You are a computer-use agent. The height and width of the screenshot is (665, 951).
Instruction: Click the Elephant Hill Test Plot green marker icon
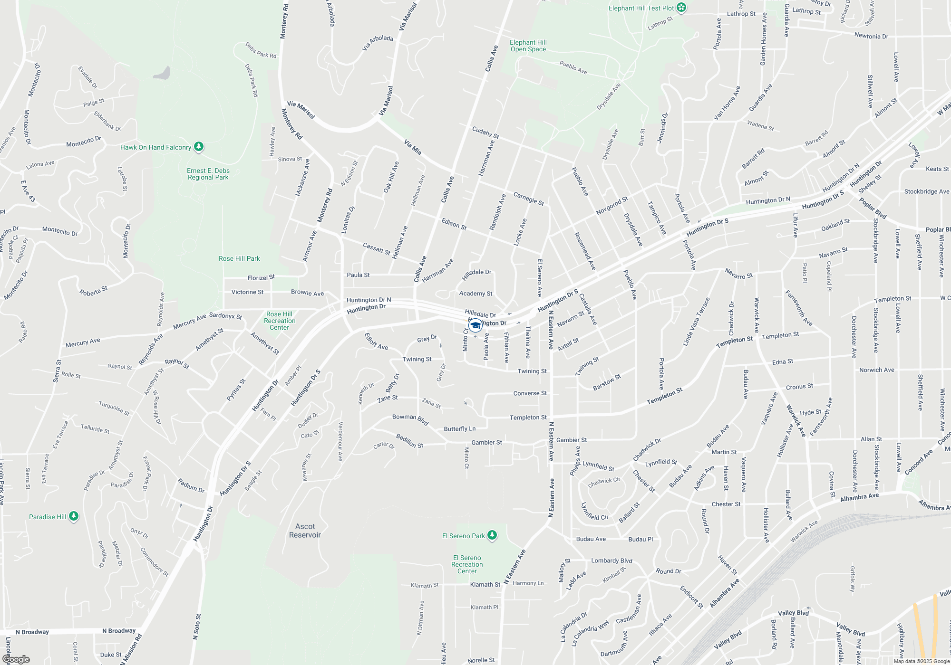(x=681, y=8)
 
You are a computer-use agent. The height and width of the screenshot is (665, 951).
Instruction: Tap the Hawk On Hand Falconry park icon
(x=199, y=147)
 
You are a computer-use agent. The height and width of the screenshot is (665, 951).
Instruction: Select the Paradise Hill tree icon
(x=73, y=516)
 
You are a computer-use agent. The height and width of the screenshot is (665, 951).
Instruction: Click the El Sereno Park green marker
(x=492, y=535)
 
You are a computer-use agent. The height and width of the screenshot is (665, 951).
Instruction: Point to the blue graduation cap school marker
(x=475, y=325)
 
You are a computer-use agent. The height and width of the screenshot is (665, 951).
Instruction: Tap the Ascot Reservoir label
(x=305, y=531)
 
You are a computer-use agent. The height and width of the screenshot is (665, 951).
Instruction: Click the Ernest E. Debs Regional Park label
(x=208, y=174)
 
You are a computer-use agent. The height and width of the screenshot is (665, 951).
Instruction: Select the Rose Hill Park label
(x=239, y=258)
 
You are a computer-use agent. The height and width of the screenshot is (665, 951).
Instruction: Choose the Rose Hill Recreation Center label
(x=280, y=321)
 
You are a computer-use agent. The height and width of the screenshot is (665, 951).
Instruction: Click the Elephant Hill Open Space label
(x=528, y=46)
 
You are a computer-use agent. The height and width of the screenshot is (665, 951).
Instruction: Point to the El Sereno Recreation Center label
(x=467, y=564)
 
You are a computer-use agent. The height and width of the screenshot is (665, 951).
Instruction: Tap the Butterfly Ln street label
(x=459, y=429)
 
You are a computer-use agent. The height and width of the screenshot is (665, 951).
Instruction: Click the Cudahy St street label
(x=485, y=133)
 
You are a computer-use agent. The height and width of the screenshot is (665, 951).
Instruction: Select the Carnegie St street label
(x=529, y=198)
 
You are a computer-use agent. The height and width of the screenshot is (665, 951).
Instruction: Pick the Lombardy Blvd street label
(x=611, y=560)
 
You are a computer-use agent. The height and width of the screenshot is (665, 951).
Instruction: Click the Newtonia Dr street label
(x=871, y=36)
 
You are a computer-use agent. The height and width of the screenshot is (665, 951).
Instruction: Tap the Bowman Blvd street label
(x=410, y=419)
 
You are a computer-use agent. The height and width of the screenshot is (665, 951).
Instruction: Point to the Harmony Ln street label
(x=528, y=583)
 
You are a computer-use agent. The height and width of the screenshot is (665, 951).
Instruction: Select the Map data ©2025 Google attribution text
(x=922, y=661)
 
